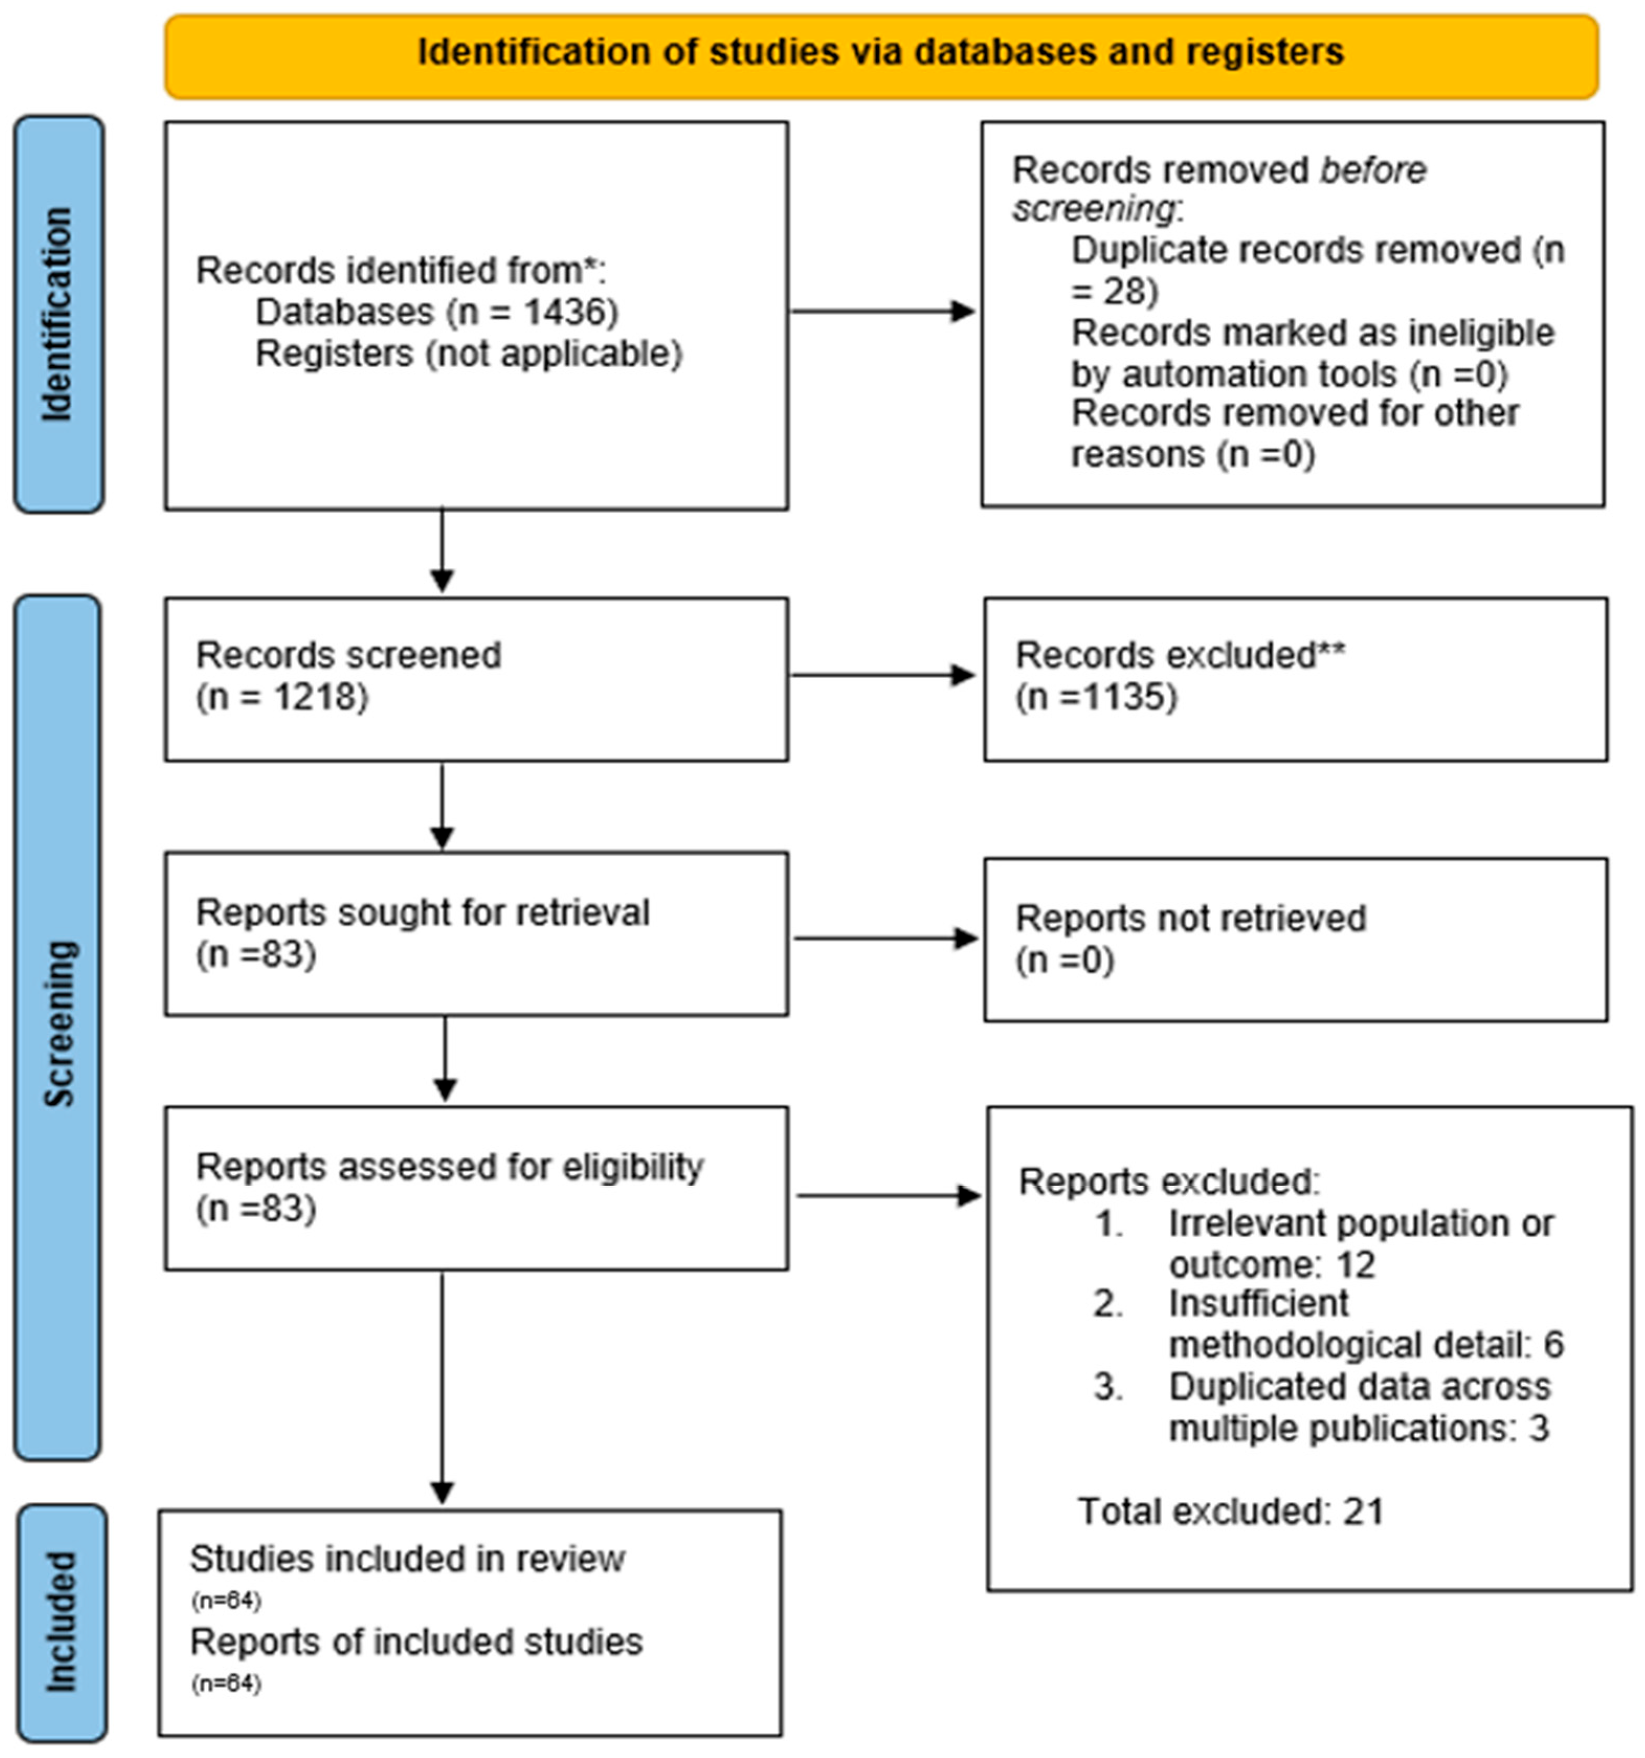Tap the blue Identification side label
coord(58,314)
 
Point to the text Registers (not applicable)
coord(468,353)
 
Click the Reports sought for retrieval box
coord(476,933)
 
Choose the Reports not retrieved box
coord(1295,939)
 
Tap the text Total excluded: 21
coord(1229,1511)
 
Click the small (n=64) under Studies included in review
coord(226,1600)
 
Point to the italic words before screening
coord(1220,189)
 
